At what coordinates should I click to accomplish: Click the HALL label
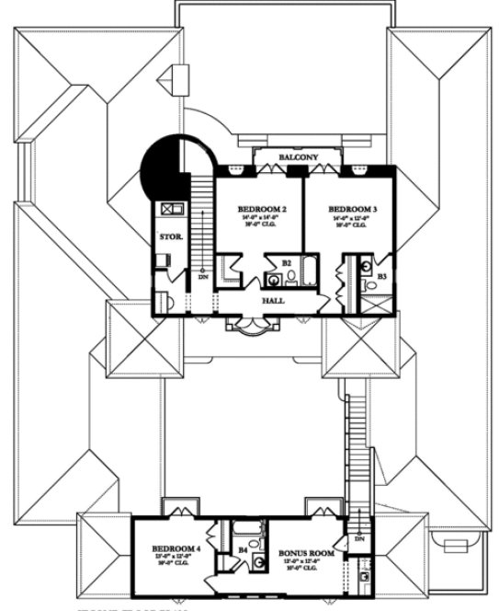click(x=273, y=301)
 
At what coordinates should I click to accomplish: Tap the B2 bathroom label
click(x=287, y=263)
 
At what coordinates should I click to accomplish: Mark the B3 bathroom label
click(x=381, y=276)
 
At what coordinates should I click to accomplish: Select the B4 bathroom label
click(x=243, y=551)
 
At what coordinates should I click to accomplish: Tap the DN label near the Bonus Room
click(x=359, y=538)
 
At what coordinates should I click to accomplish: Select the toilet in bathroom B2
click(x=273, y=281)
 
